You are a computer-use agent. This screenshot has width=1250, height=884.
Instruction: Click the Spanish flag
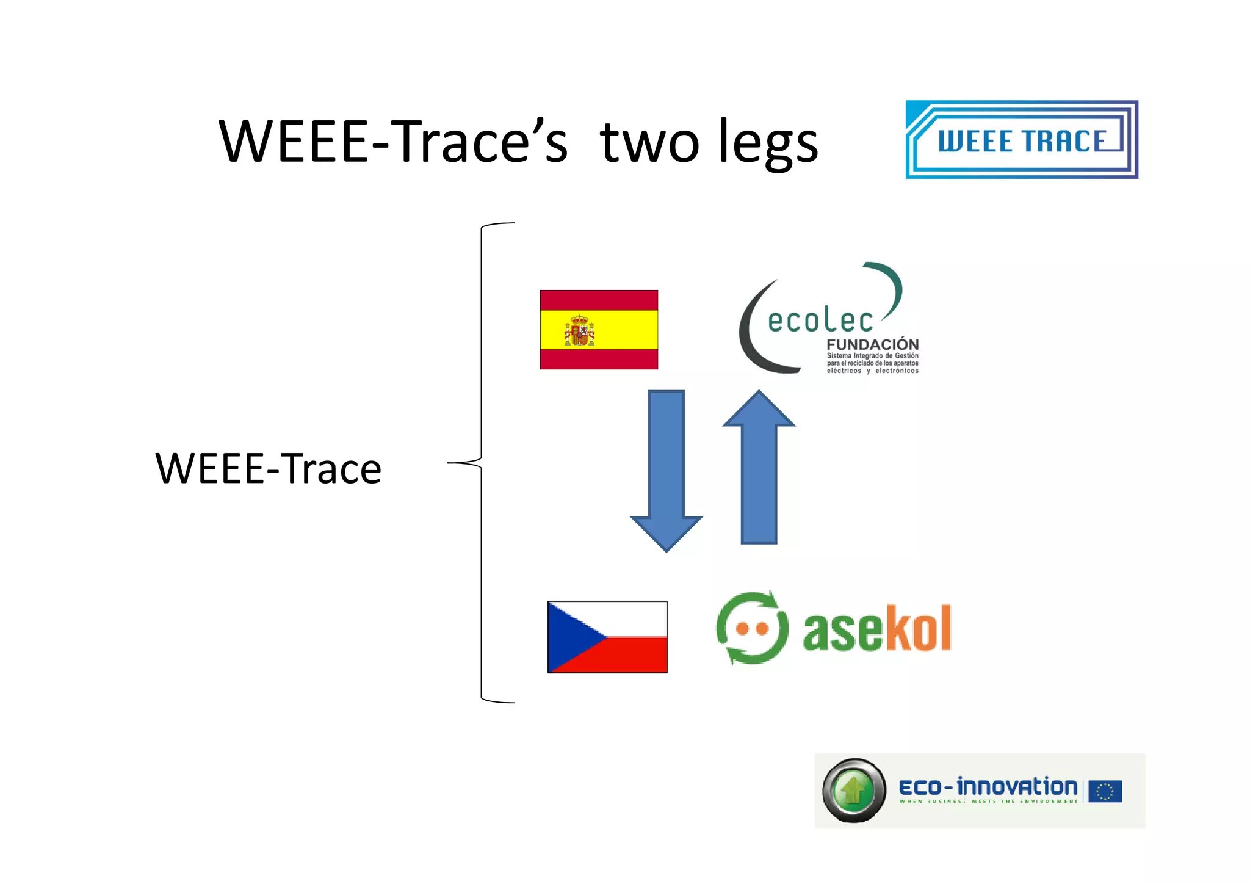(599, 330)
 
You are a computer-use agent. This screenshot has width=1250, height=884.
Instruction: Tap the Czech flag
(607, 637)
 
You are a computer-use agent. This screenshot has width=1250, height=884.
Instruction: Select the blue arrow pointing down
(667, 470)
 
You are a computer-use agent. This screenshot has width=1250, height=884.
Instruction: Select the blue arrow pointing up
(759, 467)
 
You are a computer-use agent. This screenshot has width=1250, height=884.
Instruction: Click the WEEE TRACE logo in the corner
(1022, 140)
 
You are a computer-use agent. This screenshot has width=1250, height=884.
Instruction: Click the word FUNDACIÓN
(872, 345)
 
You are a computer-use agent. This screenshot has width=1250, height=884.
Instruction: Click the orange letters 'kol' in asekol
(918, 629)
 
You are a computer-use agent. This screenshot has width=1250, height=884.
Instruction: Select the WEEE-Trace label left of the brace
(268, 469)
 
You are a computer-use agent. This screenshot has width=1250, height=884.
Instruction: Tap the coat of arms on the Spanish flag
(579, 331)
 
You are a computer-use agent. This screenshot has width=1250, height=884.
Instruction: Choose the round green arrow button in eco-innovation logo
(854, 791)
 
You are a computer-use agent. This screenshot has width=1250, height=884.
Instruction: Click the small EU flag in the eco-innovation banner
(1105, 791)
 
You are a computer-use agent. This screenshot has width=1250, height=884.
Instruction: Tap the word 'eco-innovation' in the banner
(988, 787)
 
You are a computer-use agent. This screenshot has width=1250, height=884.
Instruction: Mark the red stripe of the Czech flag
(635, 656)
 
